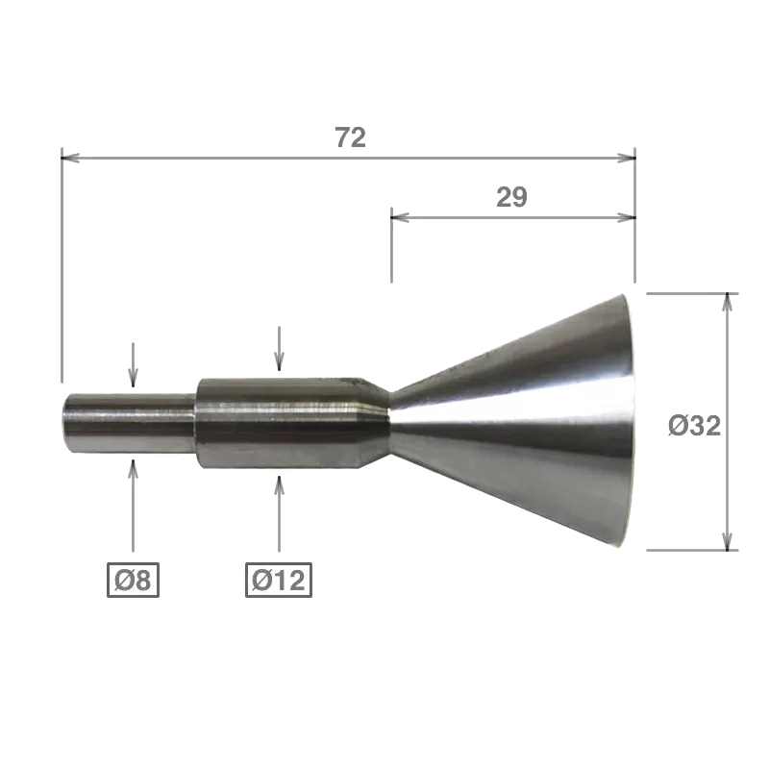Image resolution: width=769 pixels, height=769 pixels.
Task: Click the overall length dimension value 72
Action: coord(351,137)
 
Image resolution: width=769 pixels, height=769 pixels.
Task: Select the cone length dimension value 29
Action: coord(511,197)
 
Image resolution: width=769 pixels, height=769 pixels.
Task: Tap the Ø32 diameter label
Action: coord(694,425)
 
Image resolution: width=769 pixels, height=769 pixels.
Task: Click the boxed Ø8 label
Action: coord(133,581)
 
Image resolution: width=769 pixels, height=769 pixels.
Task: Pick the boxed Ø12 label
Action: coord(279,581)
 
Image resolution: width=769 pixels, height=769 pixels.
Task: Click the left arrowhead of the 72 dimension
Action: coord(70,158)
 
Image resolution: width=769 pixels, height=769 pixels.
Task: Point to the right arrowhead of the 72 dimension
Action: coord(627,158)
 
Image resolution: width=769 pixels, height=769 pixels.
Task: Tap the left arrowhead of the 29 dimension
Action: coord(400,217)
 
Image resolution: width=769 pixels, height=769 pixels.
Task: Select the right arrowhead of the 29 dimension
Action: coord(627,217)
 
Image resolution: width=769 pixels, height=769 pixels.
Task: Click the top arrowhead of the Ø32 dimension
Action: coord(728,302)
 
